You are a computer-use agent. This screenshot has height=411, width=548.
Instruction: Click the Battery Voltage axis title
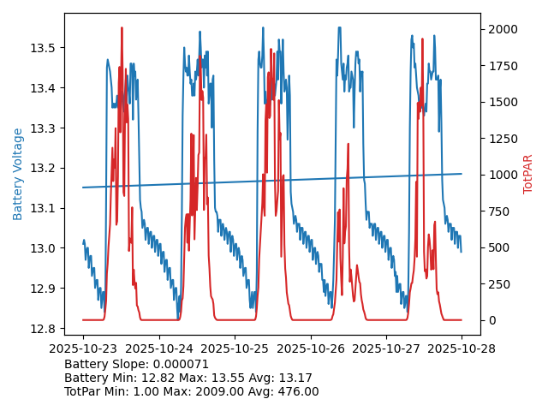click(x=18, y=174)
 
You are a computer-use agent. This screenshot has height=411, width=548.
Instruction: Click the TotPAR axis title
click(x=527, y=174)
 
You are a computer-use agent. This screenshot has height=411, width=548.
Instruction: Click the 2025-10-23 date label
click(x=83, y=349)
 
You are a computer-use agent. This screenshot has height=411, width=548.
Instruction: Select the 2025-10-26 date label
click(x=311, y=349)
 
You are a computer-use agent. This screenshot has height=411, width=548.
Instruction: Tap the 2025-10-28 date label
click(x=462, y=349)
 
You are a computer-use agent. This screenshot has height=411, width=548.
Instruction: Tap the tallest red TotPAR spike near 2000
click(x=122, y=28)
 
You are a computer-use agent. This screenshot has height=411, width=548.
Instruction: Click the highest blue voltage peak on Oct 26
click(x=339, y=28)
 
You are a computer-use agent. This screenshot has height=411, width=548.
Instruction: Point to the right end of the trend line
click(x=462, y=174)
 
